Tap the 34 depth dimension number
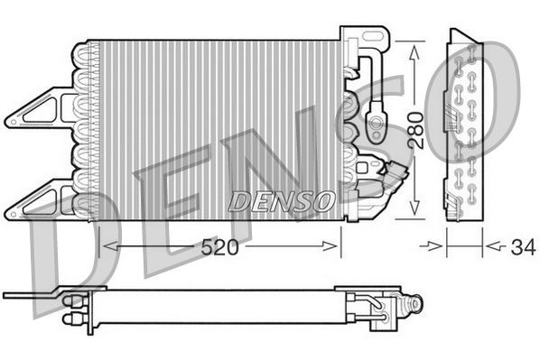point(520,245)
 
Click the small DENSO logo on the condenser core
point(281,200)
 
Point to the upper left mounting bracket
point(41,109)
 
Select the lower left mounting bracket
point(41,197)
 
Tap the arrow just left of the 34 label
point(439,245)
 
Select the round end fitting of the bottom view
point(414,308)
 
